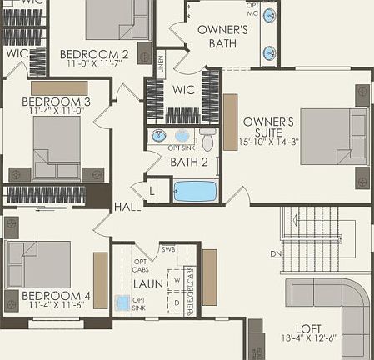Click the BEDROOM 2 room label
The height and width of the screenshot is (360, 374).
94,55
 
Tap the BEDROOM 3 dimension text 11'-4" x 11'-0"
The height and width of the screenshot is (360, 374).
55,110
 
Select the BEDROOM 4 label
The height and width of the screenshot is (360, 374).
56,296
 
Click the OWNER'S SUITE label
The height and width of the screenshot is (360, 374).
267,127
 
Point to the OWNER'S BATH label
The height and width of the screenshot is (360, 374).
222,37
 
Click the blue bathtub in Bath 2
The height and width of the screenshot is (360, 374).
195,191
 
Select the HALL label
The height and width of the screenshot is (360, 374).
127,207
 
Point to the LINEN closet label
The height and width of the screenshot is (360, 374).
160,62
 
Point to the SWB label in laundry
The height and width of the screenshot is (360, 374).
169,249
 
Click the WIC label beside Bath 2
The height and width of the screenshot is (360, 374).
183,89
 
